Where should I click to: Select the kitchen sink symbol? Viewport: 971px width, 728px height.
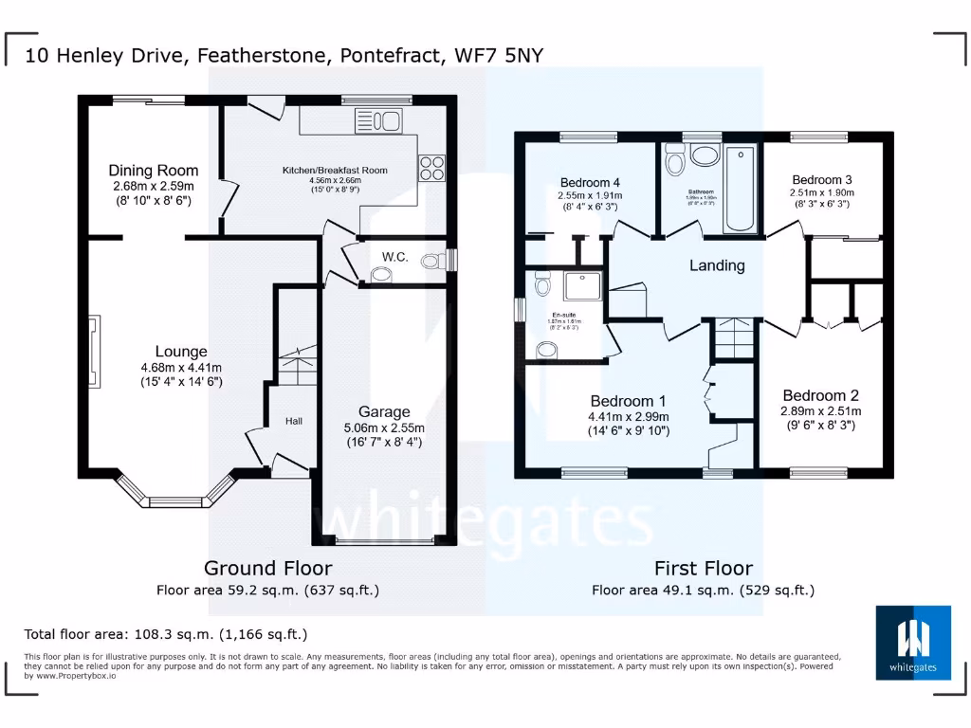378,121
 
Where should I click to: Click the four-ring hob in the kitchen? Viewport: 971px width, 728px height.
431,168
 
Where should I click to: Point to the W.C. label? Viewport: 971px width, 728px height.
394,256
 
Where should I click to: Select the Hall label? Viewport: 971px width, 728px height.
293,420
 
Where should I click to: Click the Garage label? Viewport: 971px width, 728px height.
384,411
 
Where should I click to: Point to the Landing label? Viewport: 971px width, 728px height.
716,265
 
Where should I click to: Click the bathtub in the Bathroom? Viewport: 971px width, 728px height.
739,189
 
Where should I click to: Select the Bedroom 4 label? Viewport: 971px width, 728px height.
590,183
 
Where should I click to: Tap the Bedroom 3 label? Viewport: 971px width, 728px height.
822,180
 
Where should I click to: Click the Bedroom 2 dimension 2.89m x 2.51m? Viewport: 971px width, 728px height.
821,411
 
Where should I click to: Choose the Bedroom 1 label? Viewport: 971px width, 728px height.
630,401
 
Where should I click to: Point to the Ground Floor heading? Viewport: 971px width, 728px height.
267,568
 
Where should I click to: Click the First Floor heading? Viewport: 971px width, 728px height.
703,568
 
